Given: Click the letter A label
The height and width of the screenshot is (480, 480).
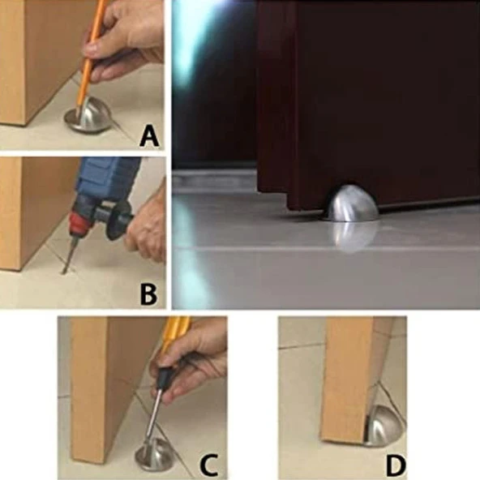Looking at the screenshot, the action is coord(149,137).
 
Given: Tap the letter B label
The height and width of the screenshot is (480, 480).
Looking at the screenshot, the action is coord(148,294).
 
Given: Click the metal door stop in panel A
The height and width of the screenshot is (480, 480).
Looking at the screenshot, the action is coord(88,115).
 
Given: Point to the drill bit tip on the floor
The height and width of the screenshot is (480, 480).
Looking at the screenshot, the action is coord(64,272).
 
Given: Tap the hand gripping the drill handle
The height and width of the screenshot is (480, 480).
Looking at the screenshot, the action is coord(147,226).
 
